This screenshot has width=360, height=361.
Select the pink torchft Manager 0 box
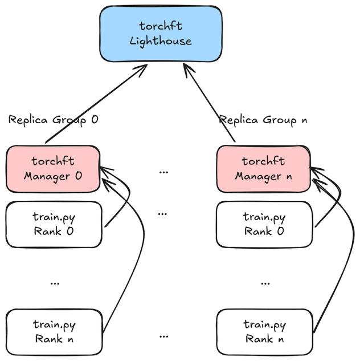click(53, 169)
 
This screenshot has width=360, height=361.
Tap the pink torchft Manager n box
click(263, 169)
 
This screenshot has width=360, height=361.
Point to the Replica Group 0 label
click(54, 120)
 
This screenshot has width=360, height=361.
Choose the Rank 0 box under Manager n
click(265, 224)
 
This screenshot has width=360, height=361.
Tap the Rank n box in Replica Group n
click(265, 332)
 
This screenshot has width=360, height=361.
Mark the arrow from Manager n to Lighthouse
click(209, 103)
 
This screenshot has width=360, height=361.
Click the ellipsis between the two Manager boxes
click(163, 171)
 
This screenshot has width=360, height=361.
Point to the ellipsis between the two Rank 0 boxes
click(163, 213)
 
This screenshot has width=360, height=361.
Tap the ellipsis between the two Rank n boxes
click(163, 334)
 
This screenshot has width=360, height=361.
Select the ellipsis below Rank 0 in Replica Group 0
click(55, 282)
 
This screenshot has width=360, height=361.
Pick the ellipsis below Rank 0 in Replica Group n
click(265, 282)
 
